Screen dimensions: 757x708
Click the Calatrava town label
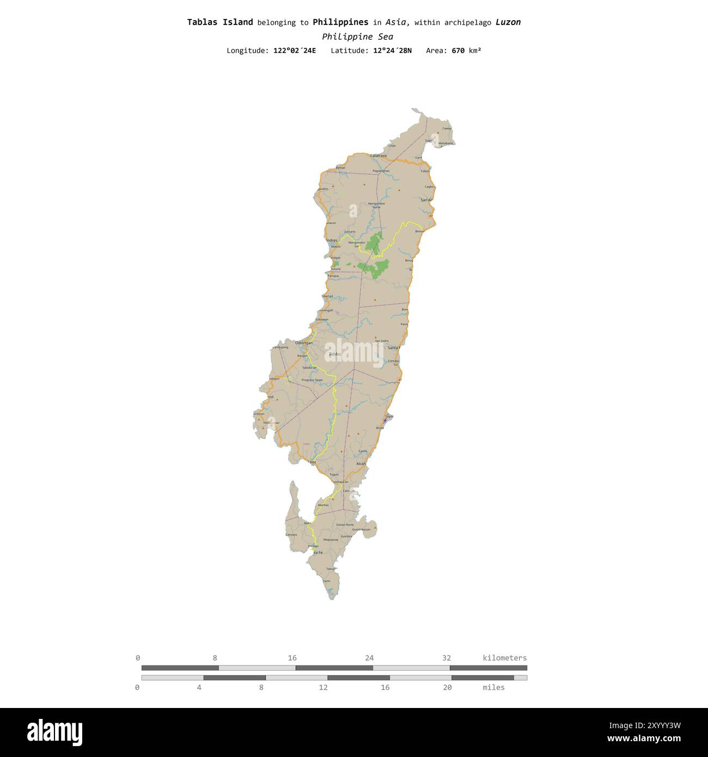pyautogui.click(x=378, y=156)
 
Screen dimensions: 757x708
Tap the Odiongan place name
pyautogui.click(x=303, y=343)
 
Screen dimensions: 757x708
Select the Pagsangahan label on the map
pyautogui.click(x=381, y=171)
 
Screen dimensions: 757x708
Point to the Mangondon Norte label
pyautogui.click(x=376, y=205)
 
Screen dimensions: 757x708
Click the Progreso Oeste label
pyautogui.click(x=312, y=380)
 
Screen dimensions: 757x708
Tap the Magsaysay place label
pyautogui.click(x=331, y=540)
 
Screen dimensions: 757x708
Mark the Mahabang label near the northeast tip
pyautogui.click(x=445, y=143)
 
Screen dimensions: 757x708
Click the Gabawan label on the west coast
pyautogui.click(x=322, y=319)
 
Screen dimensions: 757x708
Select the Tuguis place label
pyautogui.click(x=334, y=474)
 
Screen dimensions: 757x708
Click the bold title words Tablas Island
pyautogui.click(x=220, y=22)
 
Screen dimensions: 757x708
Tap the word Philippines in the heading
pyautogui.click(x=340, y=22)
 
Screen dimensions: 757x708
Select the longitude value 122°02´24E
pyautogui.click(x=295, y=51)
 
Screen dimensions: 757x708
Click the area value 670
pyautogui.click(x=458, y=51)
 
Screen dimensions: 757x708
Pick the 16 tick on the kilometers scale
pyautogui.click(x=292, y=658)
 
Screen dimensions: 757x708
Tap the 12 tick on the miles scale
pyautogui.click(x=323, y=687)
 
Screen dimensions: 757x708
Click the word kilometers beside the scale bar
pyautogui.click(x=504, y=658)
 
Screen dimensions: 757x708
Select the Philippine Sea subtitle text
pyautogui.click(x=357, y=36)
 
